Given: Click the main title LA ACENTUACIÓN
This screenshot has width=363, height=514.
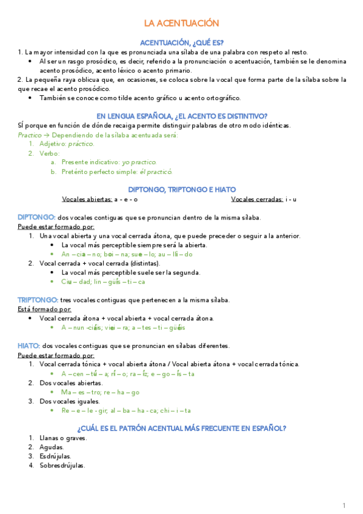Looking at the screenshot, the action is click(x=181, y=24).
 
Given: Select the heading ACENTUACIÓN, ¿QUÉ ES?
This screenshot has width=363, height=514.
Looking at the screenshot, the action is click(x=181, y=42).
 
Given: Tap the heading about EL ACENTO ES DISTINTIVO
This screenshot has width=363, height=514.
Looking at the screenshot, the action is click(x=182, y=116).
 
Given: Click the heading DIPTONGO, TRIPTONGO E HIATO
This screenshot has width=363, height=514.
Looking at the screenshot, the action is click(x=181, y=190).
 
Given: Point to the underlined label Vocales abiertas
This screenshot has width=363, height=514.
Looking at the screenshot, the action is click(x=87, y=199).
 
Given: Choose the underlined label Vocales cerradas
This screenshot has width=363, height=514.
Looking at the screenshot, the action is click(x=257, y=199).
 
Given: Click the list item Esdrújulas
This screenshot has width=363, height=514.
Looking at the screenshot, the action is click(x=55, y=456).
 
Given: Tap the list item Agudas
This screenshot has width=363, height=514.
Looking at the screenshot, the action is click(x=52, y=447).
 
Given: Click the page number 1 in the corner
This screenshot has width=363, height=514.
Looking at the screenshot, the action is click(x=344, y=505).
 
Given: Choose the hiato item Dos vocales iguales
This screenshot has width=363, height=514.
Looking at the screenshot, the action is click(x=70, y=401).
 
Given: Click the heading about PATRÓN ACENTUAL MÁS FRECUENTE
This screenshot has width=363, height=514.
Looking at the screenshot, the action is click(x=181, y=428).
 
